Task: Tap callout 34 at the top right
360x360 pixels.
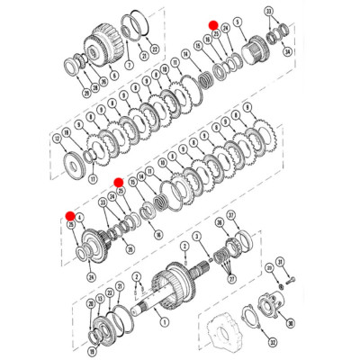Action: (287, 51)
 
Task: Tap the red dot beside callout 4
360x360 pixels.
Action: (69, 214)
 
